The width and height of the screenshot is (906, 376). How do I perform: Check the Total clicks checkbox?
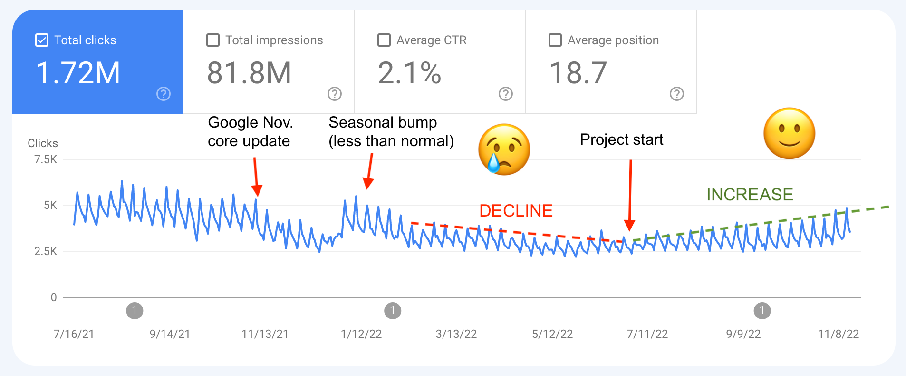pos(42,40)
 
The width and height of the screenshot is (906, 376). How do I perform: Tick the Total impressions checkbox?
pos(213,40)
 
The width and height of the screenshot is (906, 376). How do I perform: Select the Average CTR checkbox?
pos(384,40)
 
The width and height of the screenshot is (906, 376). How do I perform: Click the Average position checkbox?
pos(555,40)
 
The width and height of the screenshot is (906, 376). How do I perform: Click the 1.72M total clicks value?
pos(78,73)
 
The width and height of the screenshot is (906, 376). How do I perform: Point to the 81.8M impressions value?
pos(249,73)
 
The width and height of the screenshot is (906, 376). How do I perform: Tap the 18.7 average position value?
pos(578,73)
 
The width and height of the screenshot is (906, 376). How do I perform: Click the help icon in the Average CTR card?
pos(506,94)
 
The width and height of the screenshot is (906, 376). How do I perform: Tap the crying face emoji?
pos(504,149)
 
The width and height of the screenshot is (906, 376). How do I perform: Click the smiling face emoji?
pos(789,133)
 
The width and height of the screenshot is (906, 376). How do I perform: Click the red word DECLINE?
pos(516,210)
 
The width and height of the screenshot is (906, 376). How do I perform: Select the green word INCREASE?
pos(750,194)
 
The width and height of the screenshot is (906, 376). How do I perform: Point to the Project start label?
pos(621,139)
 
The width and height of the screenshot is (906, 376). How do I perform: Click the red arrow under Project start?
pos(630,195)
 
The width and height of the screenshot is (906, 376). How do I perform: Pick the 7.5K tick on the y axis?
pos(46,159)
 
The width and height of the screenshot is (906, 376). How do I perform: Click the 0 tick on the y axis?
pos(54,297)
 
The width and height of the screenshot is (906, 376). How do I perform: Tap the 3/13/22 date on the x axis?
pos(456,334)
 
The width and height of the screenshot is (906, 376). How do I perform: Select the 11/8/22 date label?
pos(838,334)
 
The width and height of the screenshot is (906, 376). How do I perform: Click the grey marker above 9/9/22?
pos(762,311)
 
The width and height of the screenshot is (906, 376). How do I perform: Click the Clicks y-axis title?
pos(43,143)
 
